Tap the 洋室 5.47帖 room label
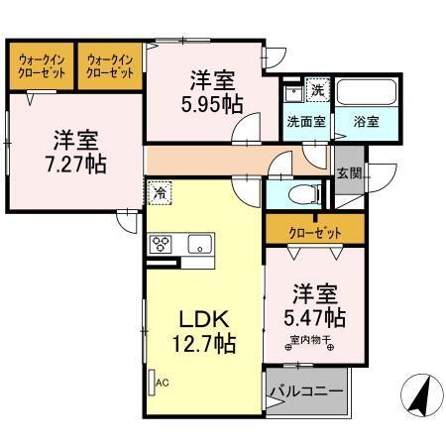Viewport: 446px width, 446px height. pyautogui.click(x=317, y=305)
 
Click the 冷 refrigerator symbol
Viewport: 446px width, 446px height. pyautogui.click(x=159, y=192)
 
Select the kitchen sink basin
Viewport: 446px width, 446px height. pyautogui.click(x=199, y=242)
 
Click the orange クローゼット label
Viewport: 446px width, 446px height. pyautogui.click(x=316, y=232)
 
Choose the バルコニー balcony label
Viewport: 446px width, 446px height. pyautogui.click(x=307, y=392)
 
